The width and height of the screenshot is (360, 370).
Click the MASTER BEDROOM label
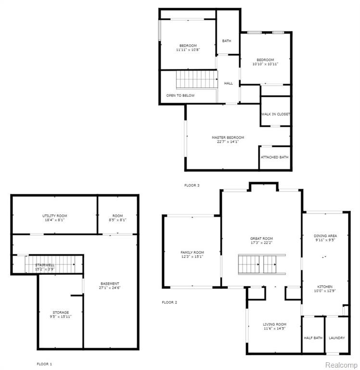(x=228, y=137)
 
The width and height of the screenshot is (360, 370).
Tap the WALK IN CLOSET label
(x=276, y=114)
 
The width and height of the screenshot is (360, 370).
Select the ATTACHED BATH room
(x=274, y=157)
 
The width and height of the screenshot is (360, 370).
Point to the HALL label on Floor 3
(x=228, y=83)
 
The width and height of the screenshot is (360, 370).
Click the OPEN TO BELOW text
(x=180, y=95)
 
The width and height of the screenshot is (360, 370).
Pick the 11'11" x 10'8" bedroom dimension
(x=188, y=50)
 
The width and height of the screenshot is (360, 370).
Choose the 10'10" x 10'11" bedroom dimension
(x=265, y=64)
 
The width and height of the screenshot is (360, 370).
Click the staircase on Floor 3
(x=197, y=79)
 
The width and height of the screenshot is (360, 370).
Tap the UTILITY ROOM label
(x=54, y=216)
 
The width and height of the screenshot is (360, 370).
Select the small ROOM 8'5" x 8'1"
(x=117, y=218)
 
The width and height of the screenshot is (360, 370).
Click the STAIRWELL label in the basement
(x=45, y=265)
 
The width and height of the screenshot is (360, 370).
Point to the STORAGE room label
(x=61, y=312)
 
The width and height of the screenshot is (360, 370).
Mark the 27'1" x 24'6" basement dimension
(x=110, y=288)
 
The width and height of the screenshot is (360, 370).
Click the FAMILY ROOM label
(x=192, y=252)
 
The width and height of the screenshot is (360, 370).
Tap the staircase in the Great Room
(x=262, y=264)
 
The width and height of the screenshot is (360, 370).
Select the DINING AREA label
(x=325, y=236)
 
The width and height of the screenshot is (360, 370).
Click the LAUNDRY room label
(x=337, y=338)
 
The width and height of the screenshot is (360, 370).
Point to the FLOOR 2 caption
(x=169, y=302)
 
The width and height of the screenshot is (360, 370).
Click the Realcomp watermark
(x=341, y=365)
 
